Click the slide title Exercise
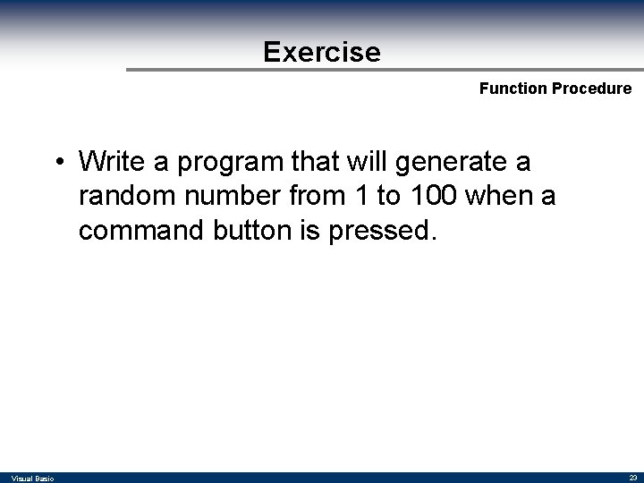(322, 52)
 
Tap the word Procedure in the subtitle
(592, 89)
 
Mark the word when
(504, 196)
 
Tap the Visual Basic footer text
(32, 479)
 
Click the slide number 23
(631, 478)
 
